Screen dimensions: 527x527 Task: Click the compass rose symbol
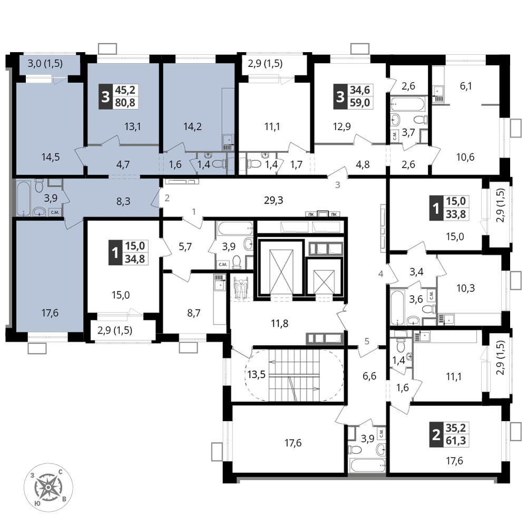point(48,487)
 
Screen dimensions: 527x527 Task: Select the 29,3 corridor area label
point(274,200)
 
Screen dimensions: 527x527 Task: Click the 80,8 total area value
point(125,103)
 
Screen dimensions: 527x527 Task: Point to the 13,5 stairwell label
point(257,374)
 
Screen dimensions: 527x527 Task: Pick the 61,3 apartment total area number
point(456,441)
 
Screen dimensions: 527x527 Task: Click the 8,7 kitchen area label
point(194,313)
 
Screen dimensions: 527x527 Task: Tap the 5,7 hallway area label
point(185,247)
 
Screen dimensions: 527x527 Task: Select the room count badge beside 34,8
point(115,252)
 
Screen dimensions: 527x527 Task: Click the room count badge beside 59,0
point(340,96)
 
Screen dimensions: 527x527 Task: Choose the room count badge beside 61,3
point(436,435)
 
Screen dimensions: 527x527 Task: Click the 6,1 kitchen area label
point(466,86)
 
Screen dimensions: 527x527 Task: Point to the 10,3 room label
point(465,288)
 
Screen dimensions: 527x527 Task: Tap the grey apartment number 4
point(381,274)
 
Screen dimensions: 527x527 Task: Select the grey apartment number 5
point(367,341)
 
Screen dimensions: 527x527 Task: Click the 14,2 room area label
point(192,126)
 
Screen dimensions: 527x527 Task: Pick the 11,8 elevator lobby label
point(280,324)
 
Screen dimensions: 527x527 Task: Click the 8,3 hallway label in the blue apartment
point(123,201)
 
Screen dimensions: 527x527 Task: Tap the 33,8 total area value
point(456,214)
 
